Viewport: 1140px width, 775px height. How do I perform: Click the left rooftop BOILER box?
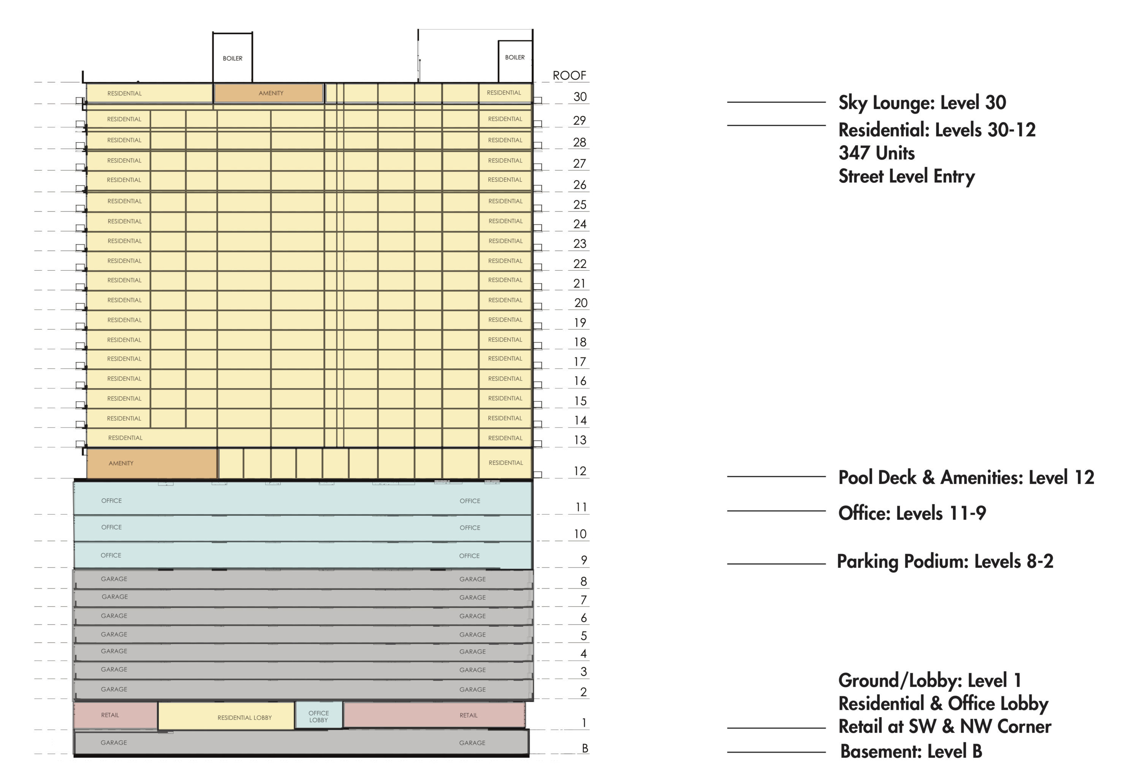click(x=233, y=57)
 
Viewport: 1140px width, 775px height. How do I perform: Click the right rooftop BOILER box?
click(x=515, y=61)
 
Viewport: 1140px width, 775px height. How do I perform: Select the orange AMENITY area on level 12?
click(x=152, y=463)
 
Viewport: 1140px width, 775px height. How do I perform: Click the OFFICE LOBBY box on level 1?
click(x=319, y=716)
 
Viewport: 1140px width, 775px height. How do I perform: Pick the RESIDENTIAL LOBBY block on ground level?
click(x=226, y=716)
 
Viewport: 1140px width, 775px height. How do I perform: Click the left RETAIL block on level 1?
click(x=116, y=715)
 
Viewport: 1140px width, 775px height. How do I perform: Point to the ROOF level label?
click(x=569, y=76)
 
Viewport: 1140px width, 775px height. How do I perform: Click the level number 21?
click(x=579, y=284)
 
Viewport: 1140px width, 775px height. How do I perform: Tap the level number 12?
click(x=580, y=471)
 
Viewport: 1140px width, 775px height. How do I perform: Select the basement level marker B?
click(x=585, y=748)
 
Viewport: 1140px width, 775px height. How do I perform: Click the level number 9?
click(x=584, y=559)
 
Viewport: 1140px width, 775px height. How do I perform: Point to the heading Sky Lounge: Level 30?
click(x=922, y=103)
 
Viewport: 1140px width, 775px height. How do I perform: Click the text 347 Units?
click(x=877, y=153)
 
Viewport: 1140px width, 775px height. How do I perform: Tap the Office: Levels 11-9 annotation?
click(x=912, y=513)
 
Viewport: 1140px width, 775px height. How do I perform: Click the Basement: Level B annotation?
click(x=911, y=751)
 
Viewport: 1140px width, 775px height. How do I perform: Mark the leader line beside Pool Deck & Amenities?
click(x=776, y=476)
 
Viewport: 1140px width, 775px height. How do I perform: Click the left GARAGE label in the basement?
click(x=114, y=743)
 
